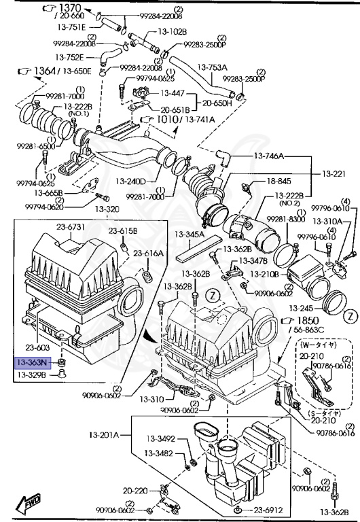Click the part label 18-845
(278, 181)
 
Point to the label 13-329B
(31, 375)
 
